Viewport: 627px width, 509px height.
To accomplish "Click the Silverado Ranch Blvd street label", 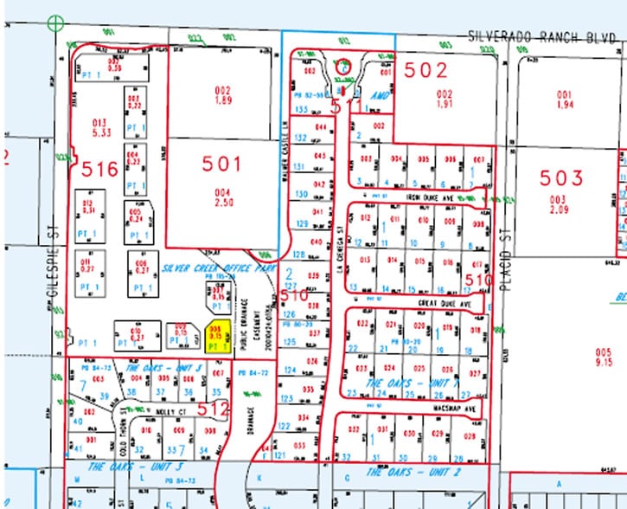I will [545, 37].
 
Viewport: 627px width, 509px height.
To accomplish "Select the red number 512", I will [210, 409].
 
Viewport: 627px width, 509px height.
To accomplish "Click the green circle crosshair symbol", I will [57, 23].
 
